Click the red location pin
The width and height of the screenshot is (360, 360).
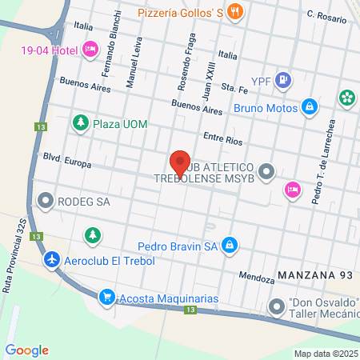[180, 163]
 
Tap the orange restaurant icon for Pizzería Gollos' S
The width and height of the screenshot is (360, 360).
[234, 11]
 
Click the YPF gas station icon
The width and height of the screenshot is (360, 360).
[282, 80]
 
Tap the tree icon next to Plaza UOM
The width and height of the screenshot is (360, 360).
[80, 123]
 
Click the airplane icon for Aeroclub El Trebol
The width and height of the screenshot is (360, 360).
[52, 260]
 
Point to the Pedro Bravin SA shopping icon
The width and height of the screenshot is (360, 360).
[230, 244]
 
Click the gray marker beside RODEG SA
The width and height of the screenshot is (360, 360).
[46, 202]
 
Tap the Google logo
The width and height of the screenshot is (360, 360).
[27, 350]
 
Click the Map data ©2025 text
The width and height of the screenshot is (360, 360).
[324, 354]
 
